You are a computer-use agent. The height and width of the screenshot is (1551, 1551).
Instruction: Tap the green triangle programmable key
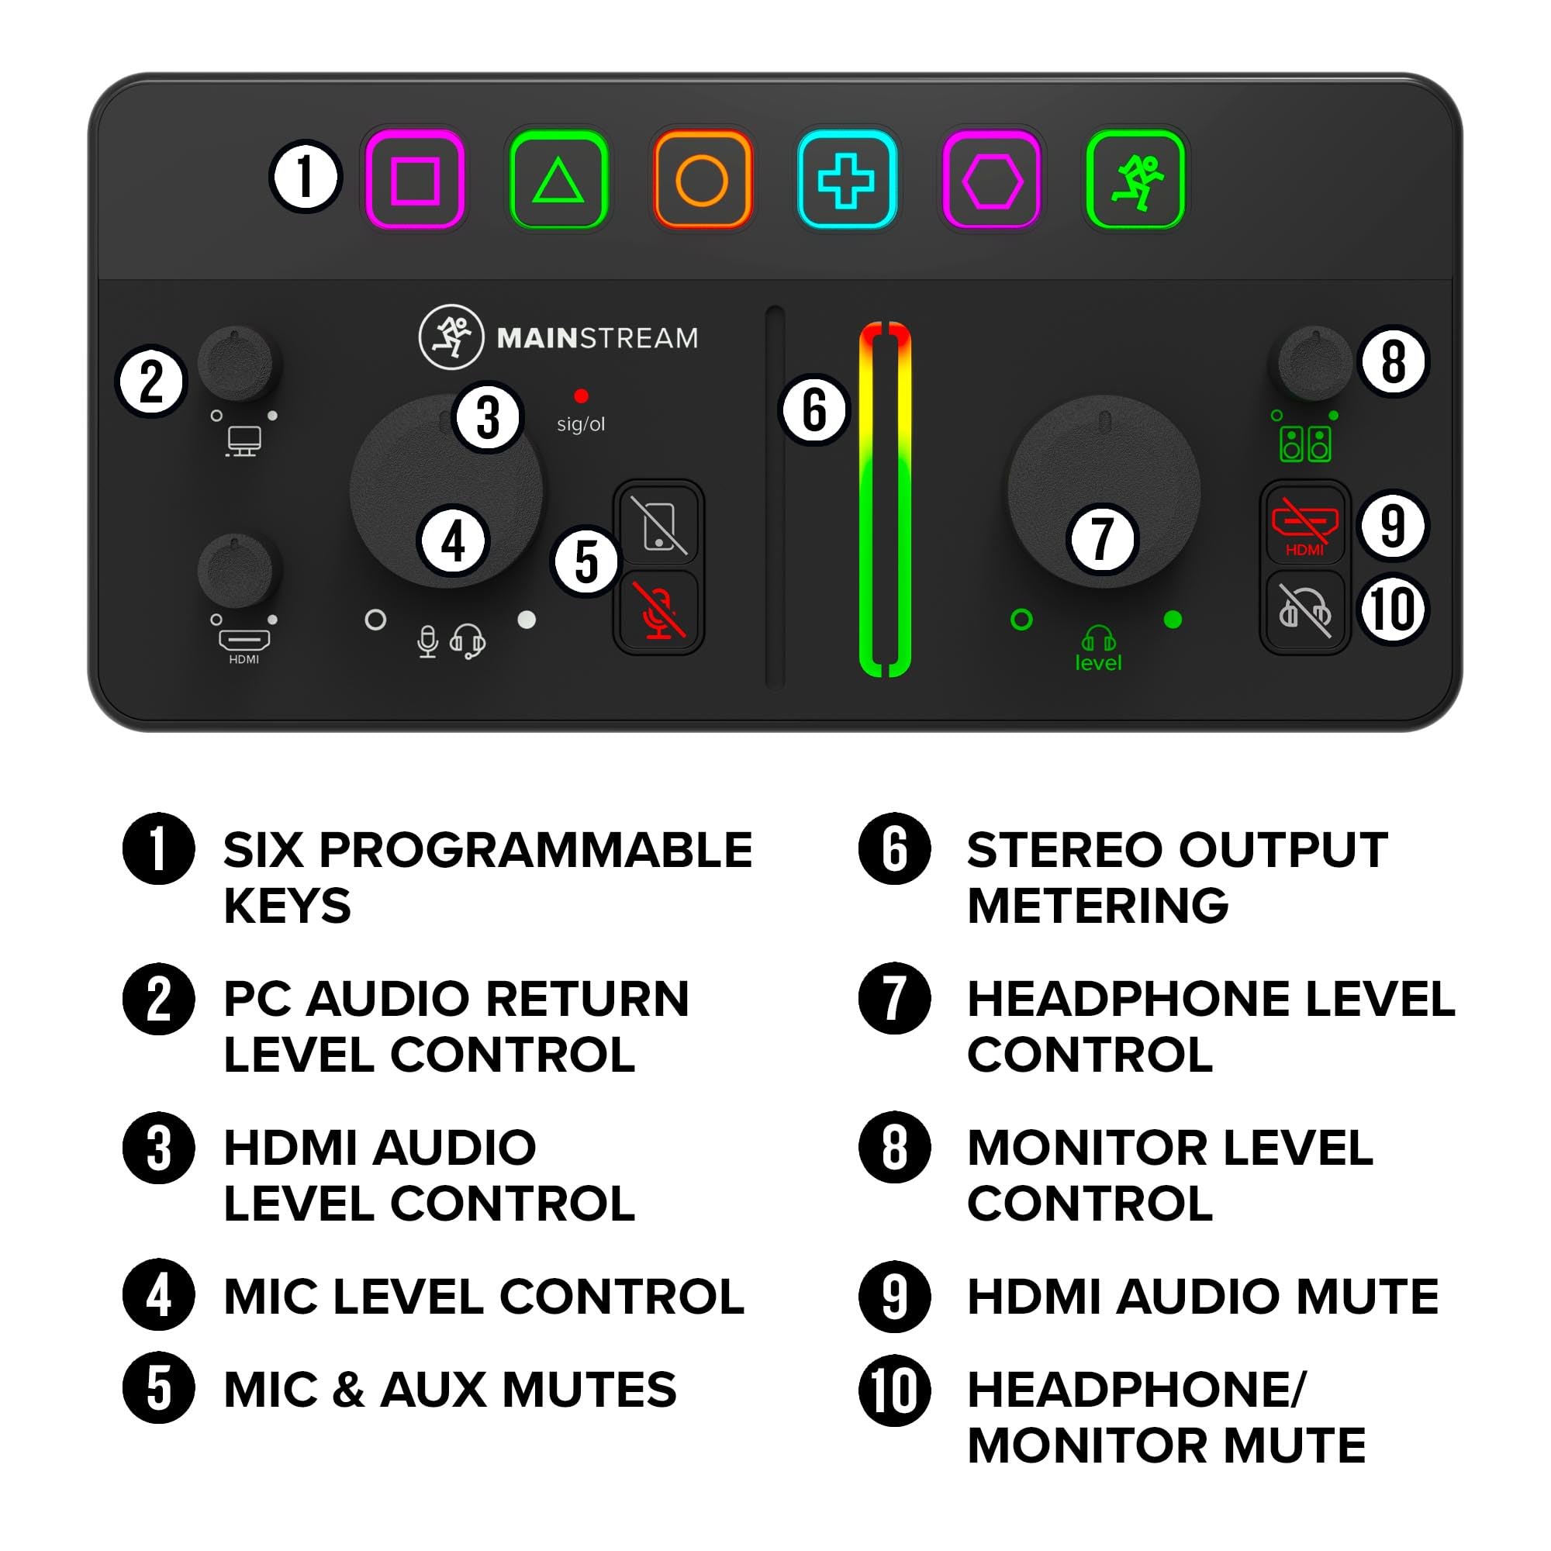(558, 180)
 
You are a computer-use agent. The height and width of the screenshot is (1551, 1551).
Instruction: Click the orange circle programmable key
(702, 180)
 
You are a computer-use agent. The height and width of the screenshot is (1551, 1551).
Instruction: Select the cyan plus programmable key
(846, 180)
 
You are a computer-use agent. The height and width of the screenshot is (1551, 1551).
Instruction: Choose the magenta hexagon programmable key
(991, 180)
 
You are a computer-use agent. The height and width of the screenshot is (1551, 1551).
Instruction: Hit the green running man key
(1135, 180)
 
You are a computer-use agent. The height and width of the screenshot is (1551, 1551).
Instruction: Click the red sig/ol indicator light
(581, 396)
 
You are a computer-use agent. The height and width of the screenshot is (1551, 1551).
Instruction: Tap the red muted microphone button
(658, 612)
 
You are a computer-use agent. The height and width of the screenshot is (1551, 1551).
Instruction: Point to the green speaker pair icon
(1304, 444)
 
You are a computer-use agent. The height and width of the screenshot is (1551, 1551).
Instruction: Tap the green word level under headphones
(1098, 663)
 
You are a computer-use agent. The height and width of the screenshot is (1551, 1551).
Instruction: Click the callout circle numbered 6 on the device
(814, 409)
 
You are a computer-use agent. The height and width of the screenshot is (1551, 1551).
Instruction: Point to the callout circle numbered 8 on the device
(1394, 361)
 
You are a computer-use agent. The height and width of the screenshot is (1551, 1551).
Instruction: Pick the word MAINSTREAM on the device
(597, 339)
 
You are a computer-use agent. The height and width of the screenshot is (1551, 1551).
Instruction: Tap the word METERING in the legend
(1097, 907)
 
